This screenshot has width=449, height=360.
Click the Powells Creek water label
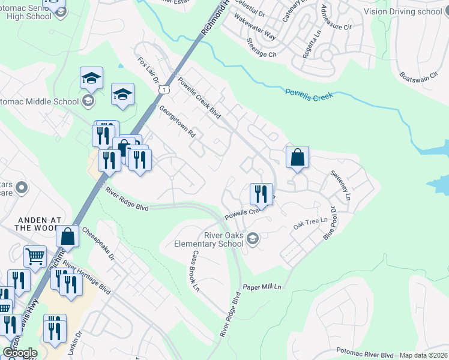[x=309, y=94]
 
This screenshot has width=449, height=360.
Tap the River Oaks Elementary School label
[x=209, y=239]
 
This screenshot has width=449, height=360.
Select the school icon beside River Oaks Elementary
[x=253, y=238]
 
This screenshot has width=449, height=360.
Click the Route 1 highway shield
[x=163, y=89]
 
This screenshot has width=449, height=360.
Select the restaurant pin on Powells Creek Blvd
[x=261, y=194]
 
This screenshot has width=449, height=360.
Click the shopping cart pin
[x=35, y=257]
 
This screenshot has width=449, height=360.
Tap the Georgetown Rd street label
[x=177, y=122]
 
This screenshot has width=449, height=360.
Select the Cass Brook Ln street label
[x=195, y=271]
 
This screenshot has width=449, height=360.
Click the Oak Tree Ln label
[x=310, y=222]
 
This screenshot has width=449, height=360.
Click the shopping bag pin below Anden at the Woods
[x=68, y=236]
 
